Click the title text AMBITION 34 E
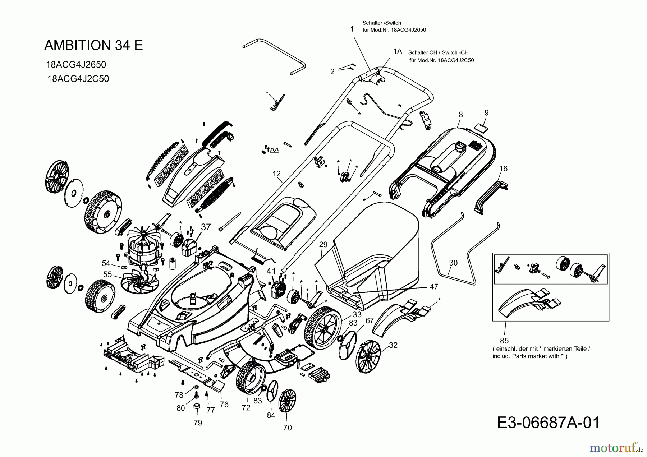(93, 45)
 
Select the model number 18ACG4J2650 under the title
(76, 65)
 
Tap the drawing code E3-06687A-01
(549, 423)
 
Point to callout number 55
(107, 274)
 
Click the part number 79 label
(198, 423)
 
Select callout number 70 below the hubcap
(288, 428)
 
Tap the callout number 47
(434, 287)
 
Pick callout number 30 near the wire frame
(453, 263)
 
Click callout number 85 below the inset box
(504, 340)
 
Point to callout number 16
(503, 169)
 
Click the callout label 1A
(398, 52)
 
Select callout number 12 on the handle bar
(276, 174)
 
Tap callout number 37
(206, 227)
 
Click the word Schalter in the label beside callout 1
(371, 23)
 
